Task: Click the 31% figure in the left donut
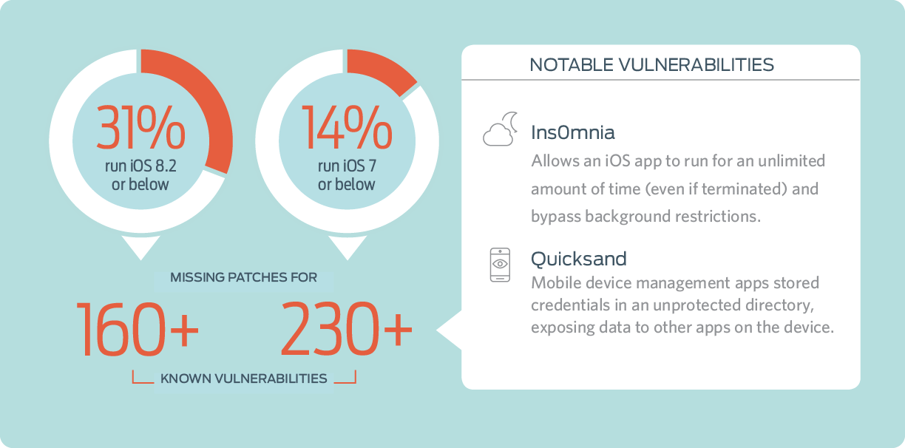coord(140,127)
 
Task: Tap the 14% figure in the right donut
coord(347,127)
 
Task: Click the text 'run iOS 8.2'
coord(140,166)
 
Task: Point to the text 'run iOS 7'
coord(347,166)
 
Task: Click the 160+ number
coord(138,329)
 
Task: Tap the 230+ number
coord(347,329)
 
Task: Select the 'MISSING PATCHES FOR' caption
coord(243,277)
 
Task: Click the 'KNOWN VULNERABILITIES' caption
coord(243,379)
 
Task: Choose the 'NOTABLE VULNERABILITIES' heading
coord(651,64)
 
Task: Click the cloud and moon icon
coord(501,129)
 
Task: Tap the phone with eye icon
coord(500,265)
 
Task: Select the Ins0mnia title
coord(573,132)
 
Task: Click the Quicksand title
coord(578,259)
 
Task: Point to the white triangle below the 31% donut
coord(141,245)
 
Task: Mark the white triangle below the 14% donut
coord(348,245)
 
